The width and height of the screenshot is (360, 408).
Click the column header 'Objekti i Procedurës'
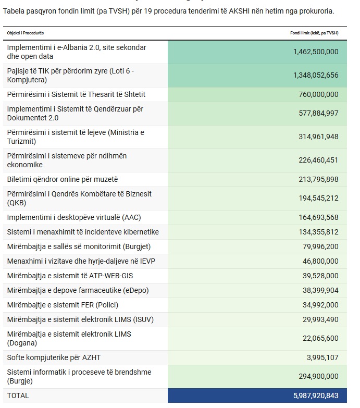[x=25, y=33]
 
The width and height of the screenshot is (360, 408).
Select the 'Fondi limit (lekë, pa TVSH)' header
[x=314, y=33]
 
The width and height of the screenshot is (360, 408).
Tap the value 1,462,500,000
[x=316, y=52]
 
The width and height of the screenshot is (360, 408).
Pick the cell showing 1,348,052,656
[x=316, y=75]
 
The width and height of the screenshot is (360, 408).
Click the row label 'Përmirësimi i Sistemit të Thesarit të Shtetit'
[x=76, y=94]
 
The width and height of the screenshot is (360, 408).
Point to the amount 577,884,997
[x=318, y=113]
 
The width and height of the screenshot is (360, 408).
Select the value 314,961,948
[x=318, y=137]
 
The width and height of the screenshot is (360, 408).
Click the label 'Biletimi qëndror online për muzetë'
[x=63, y=180]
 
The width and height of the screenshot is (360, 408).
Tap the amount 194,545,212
[x=318, y=198]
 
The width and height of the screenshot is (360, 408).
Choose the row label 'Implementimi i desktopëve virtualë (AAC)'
[x=74, y=217]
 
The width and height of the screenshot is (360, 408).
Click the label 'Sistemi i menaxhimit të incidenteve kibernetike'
[x=83, y=232]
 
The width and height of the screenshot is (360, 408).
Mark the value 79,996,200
[x=320, y=246]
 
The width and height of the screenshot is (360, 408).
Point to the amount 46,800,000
[x=320, y=261]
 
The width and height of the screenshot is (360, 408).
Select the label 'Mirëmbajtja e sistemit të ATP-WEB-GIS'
[x=70, y=276]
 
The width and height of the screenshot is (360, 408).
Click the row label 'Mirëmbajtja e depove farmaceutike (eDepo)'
[x=78, y=290]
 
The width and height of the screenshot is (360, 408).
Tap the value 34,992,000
[x=320, y=305]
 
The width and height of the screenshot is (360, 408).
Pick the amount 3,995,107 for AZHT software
[x=322, y=357]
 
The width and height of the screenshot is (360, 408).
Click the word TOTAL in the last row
[x=18, y=395]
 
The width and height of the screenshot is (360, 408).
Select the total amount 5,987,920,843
[x=316, y=395]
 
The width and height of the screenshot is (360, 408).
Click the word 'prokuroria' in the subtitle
[x=317, y=11]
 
